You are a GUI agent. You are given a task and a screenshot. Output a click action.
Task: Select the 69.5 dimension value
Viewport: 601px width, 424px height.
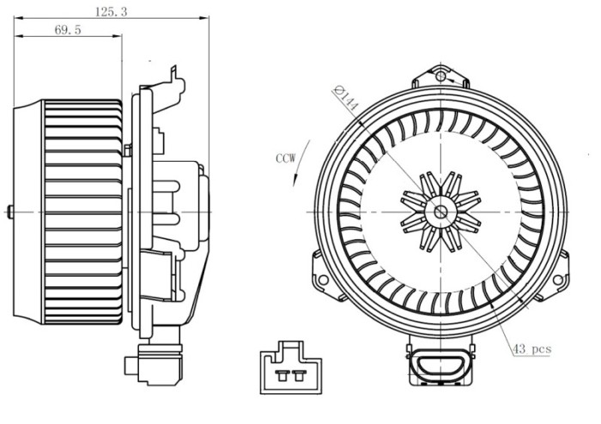click(67, 30)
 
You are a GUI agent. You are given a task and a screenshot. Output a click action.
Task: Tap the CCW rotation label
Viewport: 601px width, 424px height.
click(287, 158)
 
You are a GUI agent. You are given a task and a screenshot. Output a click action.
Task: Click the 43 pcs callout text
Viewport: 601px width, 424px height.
click(531, 348)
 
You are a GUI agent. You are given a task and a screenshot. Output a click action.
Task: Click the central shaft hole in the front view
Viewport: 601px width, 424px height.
click(440, 212)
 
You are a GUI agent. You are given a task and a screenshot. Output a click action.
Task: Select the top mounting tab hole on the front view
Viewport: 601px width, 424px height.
click(440, 77)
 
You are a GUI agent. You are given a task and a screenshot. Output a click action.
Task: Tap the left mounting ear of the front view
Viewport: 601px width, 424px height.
click(324, 277)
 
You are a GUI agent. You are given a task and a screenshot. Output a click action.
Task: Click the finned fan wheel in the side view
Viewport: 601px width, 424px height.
click(82, 212)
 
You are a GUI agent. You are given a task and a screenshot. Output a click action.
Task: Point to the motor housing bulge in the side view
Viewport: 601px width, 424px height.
click(191, 212)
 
